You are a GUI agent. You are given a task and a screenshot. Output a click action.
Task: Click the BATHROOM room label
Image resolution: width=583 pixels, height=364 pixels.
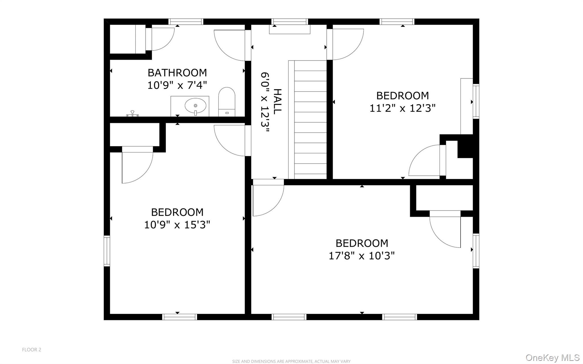177,73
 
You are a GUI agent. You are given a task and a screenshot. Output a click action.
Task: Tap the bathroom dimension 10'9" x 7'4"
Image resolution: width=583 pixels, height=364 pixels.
177,85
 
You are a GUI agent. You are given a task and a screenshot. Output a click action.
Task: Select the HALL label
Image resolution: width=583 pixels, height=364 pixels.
277,102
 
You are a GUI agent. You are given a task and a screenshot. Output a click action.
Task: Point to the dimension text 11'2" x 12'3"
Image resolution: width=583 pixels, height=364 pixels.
403,108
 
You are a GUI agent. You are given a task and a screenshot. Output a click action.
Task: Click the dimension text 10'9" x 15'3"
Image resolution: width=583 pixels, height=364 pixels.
177,225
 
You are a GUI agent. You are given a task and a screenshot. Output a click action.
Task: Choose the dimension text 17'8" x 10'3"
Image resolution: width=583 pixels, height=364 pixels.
362,256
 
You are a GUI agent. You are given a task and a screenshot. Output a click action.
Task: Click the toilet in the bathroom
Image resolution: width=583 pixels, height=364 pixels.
227,102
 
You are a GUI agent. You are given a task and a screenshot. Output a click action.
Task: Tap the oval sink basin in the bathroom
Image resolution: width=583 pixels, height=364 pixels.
195,106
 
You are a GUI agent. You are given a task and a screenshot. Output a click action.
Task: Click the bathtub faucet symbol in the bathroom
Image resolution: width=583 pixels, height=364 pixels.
133,114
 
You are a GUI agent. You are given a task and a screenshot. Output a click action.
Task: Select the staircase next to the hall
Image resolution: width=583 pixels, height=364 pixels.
307,120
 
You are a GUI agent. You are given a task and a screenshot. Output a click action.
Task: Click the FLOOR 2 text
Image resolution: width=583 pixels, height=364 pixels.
32,350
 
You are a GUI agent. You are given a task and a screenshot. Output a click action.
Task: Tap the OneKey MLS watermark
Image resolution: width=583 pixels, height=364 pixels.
552,357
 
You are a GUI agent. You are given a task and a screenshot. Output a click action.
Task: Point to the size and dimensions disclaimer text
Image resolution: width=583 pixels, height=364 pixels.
291,361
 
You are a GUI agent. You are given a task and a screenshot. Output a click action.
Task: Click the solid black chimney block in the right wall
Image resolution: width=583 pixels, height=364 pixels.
465,147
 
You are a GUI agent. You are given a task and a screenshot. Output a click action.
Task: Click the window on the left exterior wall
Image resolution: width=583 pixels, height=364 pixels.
107,251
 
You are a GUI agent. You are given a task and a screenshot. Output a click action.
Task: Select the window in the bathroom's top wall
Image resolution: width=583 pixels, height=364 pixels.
186,22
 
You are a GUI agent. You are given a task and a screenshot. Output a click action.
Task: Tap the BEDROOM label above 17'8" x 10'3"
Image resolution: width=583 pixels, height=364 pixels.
362,243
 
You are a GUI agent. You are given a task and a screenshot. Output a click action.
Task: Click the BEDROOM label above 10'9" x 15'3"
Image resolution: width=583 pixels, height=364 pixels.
177,212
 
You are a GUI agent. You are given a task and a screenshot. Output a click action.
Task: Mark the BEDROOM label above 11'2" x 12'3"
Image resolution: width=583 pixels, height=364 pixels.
403,96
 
